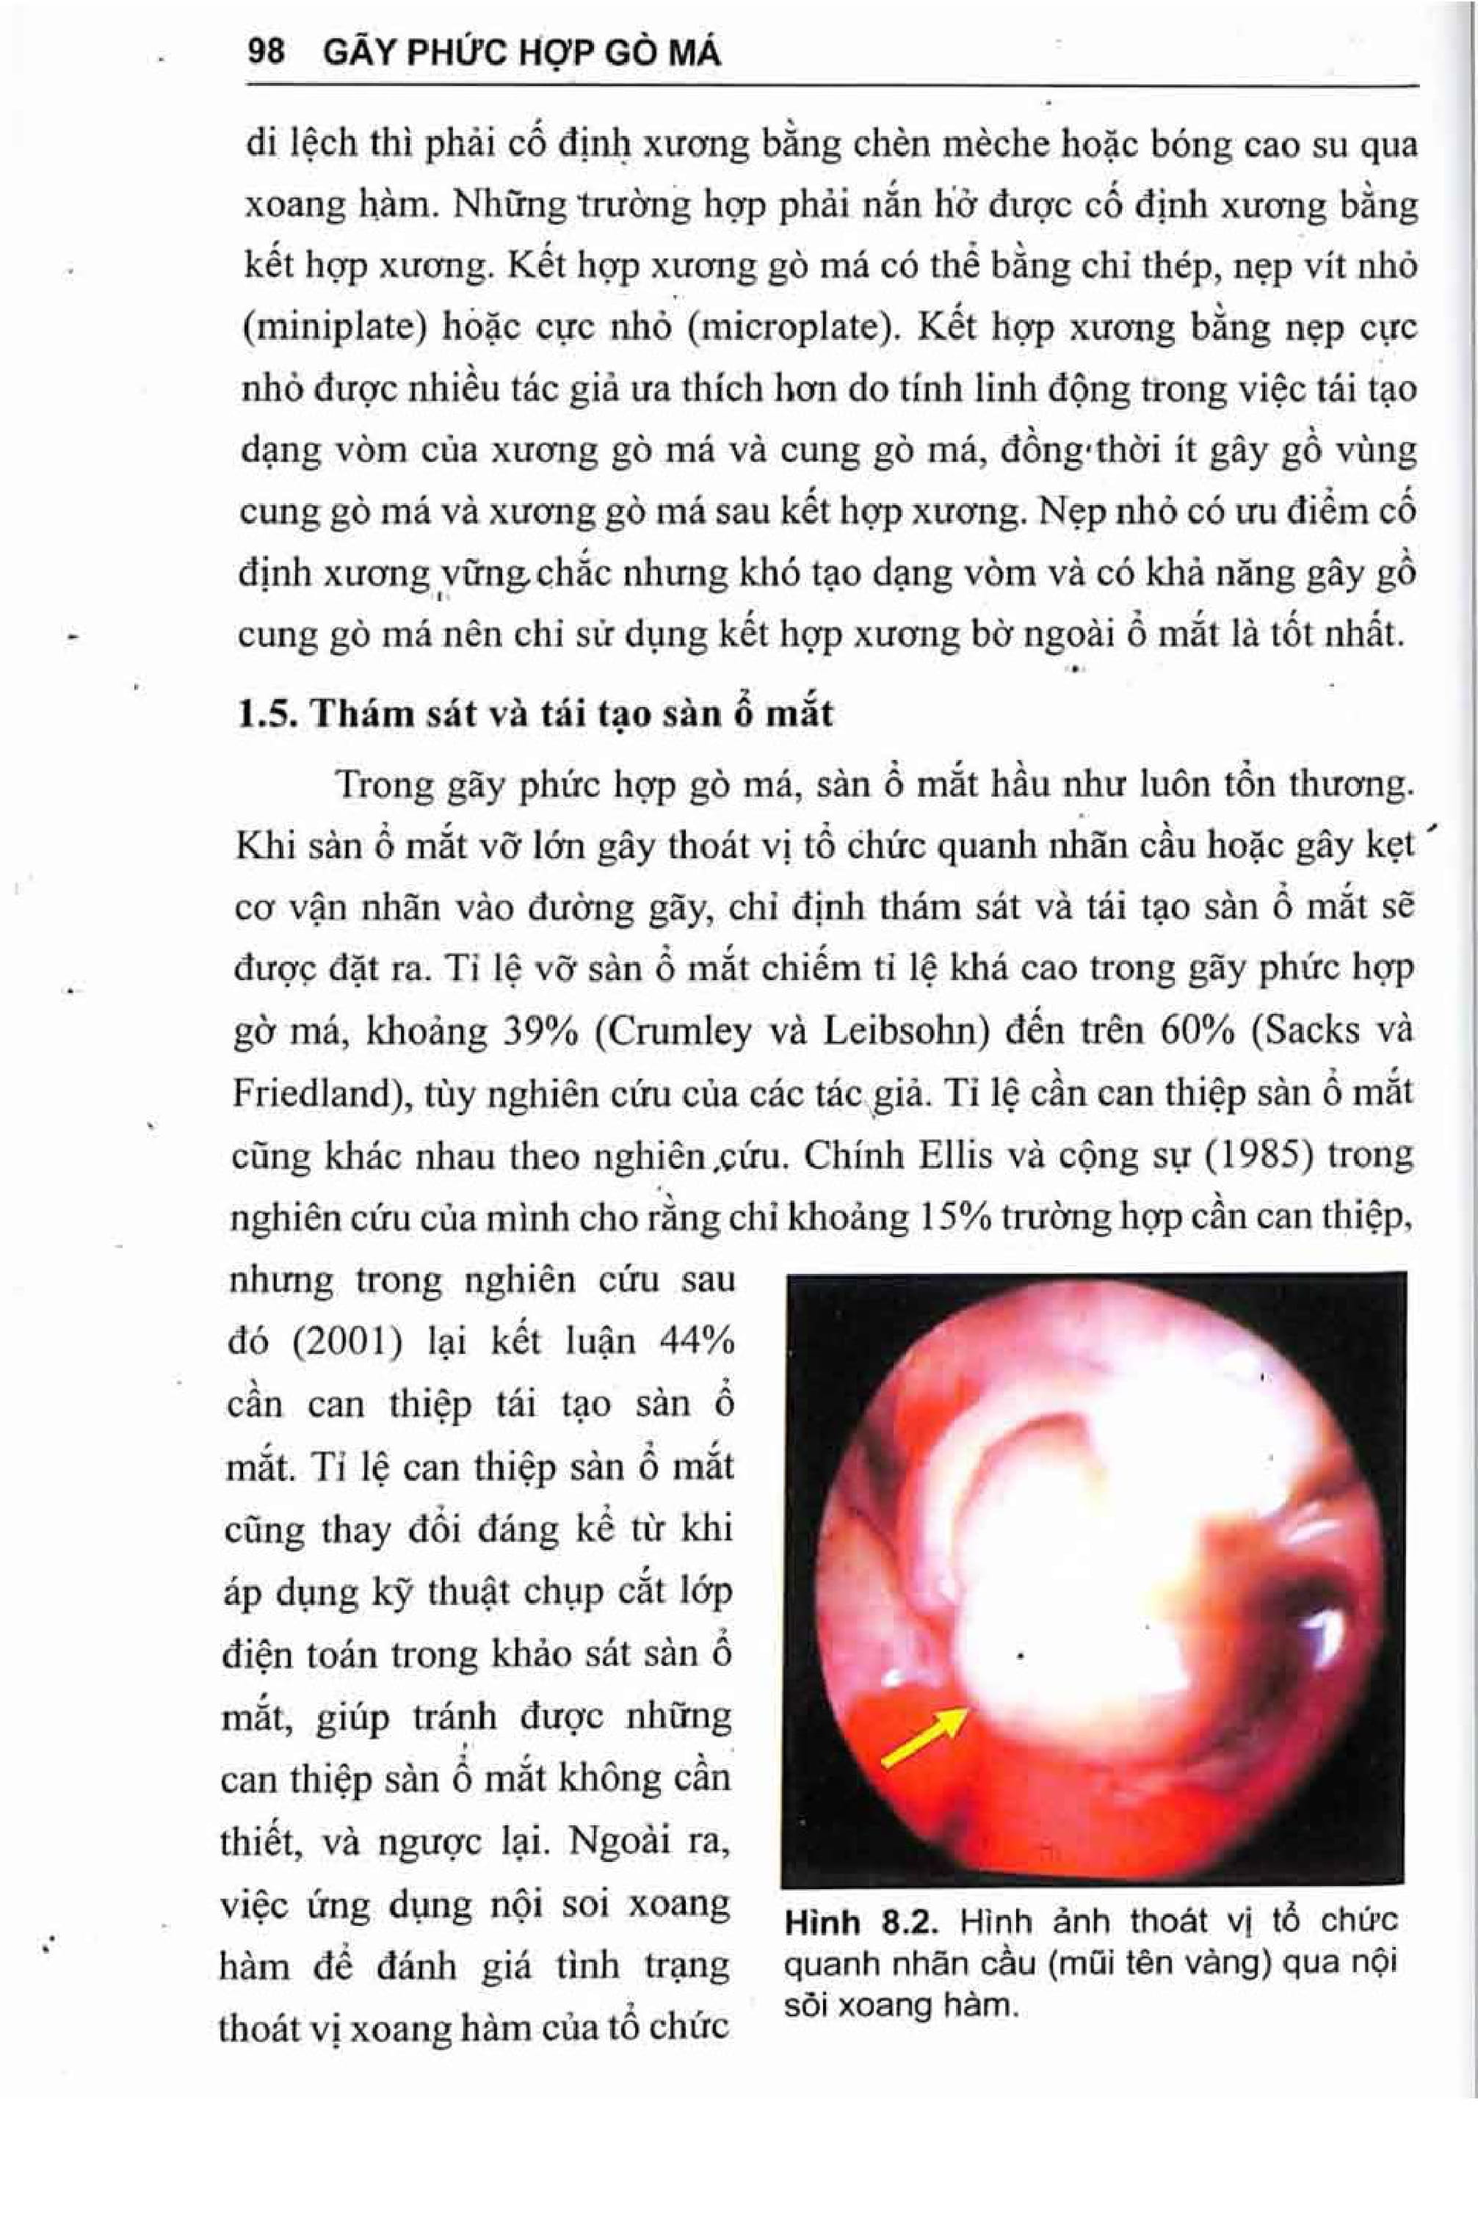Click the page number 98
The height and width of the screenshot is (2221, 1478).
pos(266,52)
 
